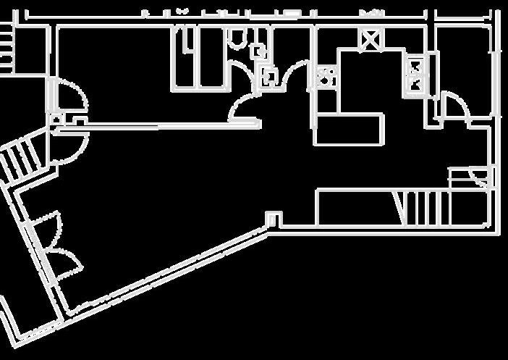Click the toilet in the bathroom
[236, 38]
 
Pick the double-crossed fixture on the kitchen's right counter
[418, 75]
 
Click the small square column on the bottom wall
[274, 217]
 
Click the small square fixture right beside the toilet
[258, 51]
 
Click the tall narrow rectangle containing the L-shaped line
[185, 58]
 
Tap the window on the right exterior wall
[496, 72]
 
